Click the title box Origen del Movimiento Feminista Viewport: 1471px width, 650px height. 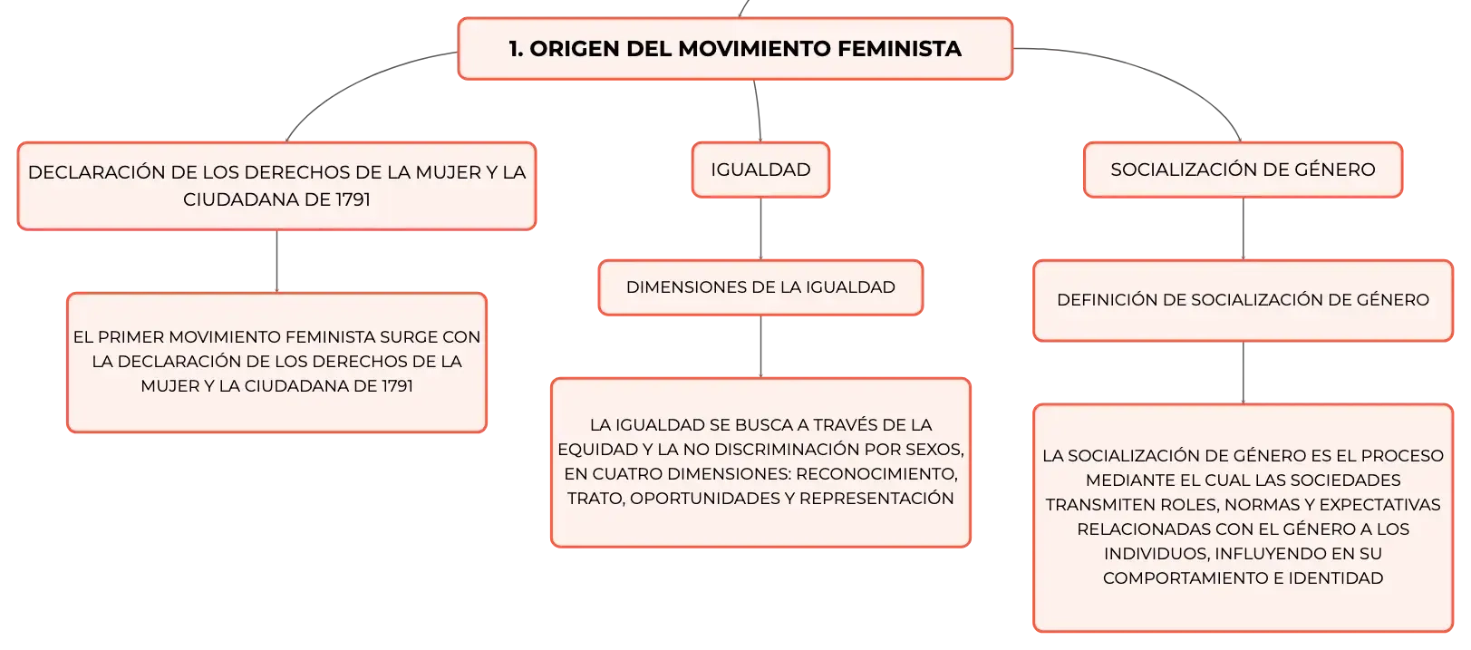pyautogui.click(x=735, y=49)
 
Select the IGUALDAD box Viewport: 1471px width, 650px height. pyautogui.click(x=760, y=170)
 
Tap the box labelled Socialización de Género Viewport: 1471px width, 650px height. pyautogui.click(x=1244, y=170)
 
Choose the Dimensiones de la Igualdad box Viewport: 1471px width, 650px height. pyautogui.click(x=760, y=287)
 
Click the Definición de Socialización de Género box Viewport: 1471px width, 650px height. pyautogui.click(x=1244, y=300)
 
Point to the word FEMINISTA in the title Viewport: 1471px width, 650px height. pyautogui.click(x=899, y=49)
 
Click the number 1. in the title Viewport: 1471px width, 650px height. pyautogui.click(x=516, y=49)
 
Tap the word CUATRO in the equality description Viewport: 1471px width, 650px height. pyautogui.click(x=632, y=474)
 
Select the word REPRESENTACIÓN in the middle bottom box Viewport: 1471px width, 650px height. pyautogui.click(x=876, y=499)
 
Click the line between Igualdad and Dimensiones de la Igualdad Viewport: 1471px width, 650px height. pyautogui.click(x=760, y=228)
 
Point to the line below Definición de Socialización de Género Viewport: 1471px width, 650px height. pyautogui.click(x=1244, y=373)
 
